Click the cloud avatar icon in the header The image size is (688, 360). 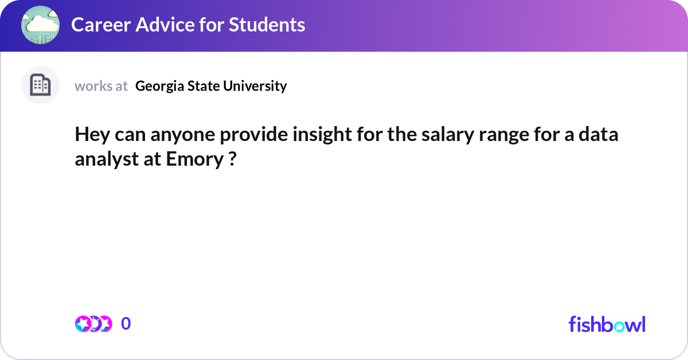40,25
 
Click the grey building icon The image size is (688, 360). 40,85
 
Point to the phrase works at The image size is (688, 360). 101,86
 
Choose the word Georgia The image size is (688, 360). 157,86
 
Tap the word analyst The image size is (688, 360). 103,159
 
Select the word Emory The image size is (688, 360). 191,159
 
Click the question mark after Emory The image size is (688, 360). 232,159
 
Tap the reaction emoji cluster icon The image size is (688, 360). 93,324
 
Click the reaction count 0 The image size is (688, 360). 126,324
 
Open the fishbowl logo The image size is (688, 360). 607,324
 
